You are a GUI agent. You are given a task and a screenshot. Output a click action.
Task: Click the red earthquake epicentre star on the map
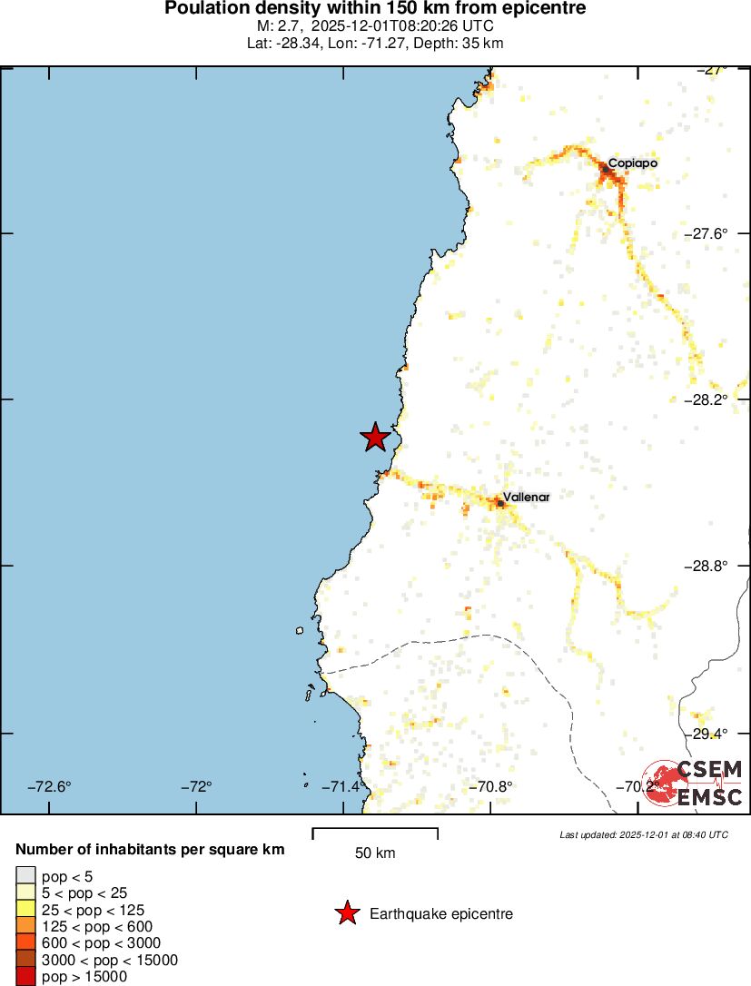coord(375,437)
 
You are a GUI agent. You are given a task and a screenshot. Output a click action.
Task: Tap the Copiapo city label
coord(632,163)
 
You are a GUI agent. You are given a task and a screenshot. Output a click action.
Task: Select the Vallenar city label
coord(527,498)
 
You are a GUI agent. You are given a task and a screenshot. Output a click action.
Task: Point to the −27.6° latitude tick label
coord(706,233)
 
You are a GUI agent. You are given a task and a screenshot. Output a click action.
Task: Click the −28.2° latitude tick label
coord(706,399)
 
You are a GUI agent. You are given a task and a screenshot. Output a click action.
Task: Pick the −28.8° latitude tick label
coord(706,566)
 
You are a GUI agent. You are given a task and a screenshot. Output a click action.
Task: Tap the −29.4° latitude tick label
coord(706,733)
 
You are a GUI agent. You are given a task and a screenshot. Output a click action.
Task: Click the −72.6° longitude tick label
coord(49,786)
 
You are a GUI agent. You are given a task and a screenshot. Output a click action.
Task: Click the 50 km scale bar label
coord(375,853)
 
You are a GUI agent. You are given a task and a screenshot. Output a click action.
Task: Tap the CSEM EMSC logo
coord(696,784)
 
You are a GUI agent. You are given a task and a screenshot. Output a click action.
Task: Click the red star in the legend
coord(347,913)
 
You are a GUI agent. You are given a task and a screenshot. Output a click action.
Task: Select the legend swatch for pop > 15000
coord(25,977)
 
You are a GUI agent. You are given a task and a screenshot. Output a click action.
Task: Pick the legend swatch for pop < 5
coord(25,875)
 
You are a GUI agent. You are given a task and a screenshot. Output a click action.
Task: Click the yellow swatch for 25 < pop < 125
coord(25,910)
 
